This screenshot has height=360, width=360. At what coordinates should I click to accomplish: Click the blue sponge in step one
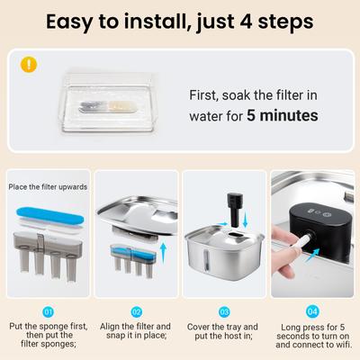(50, 218)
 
